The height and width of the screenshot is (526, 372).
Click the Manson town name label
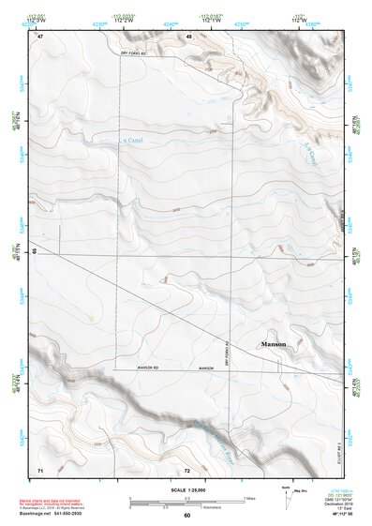pyautogui.click(x=274, y=345)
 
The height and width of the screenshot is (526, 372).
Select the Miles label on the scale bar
pyautogui.click(x=249, y=497)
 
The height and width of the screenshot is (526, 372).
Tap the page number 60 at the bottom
pyautogui.click(x=186, y=516)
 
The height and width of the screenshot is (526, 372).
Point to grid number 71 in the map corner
pyautogui.click(x=39, y=469)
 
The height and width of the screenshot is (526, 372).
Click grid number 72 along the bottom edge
pyautogui.click(x=187, y=469)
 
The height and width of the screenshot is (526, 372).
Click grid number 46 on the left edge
pyautogui.click(x=35, y=252)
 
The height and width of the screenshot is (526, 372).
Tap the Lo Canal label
pyautogui.click(x=135, y=143)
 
